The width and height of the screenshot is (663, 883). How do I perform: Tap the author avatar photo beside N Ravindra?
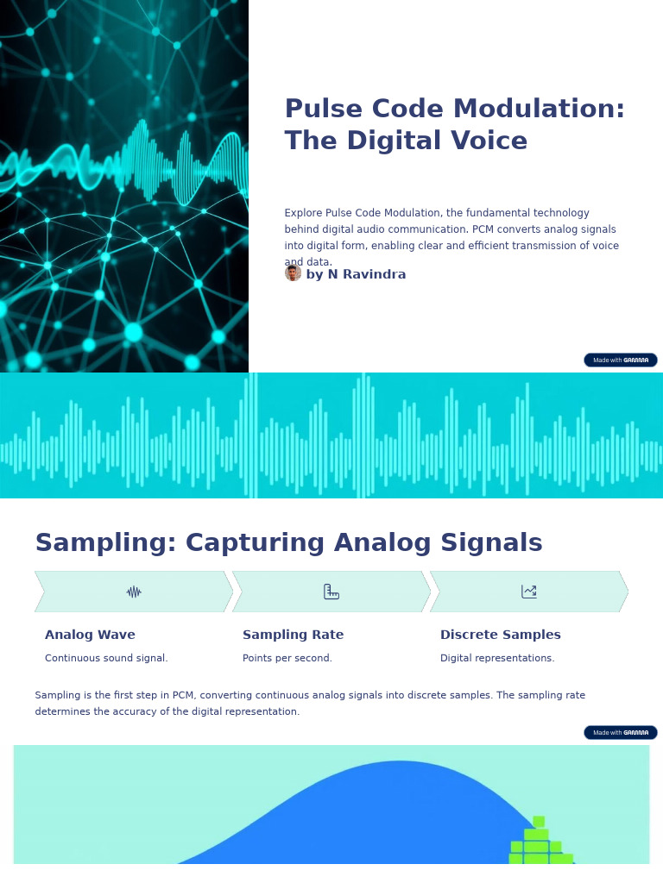click(293, 273)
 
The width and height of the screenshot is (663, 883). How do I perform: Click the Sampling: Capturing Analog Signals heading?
click(288, 543)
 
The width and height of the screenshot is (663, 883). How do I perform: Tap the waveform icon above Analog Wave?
click(134, 592)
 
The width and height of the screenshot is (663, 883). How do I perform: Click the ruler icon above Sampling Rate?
click(331, 592)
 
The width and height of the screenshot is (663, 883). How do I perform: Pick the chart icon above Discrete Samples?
click(529, 592)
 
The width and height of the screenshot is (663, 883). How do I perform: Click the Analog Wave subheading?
click(90, 636)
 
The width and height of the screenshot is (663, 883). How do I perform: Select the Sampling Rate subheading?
click(293, 636)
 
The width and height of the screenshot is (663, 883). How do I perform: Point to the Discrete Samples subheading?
click(500, 636)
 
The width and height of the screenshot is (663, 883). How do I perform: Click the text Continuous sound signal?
click(106, 659)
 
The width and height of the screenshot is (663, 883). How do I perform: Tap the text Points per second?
click(287, 659)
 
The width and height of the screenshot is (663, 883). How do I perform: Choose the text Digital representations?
click(497, 659)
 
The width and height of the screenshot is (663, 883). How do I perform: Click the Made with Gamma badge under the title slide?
click(620, 360)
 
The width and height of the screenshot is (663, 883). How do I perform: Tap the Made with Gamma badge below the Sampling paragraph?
click(620, 733)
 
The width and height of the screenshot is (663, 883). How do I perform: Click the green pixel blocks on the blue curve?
click(539, 843)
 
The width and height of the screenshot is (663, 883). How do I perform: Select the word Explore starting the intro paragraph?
click(303, 213)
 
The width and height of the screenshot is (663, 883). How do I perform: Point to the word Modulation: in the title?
click(540, 110)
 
